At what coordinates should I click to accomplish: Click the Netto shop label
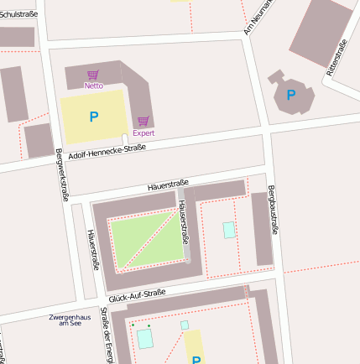[x=93, y=86]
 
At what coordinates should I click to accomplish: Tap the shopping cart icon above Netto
[x=93, y=75]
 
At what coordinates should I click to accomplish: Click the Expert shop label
[x=143, y=133]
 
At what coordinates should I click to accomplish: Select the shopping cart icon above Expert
[x=143, y=122]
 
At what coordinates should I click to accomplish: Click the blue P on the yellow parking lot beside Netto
[x=94, y=117]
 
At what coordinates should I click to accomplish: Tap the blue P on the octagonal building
[x=290, y=96]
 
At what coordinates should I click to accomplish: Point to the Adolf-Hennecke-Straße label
[x=107, y=153]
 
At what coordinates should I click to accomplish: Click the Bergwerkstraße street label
[x=60, y=174]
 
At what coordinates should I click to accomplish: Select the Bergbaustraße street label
[x=272, y=210]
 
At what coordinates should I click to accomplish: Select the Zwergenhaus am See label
[x=70, y=320]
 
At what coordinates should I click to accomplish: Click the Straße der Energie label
[x=106, y=335]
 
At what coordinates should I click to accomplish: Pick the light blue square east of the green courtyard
[x=229, y=230]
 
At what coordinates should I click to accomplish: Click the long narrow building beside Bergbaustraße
[x=262, y=228]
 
